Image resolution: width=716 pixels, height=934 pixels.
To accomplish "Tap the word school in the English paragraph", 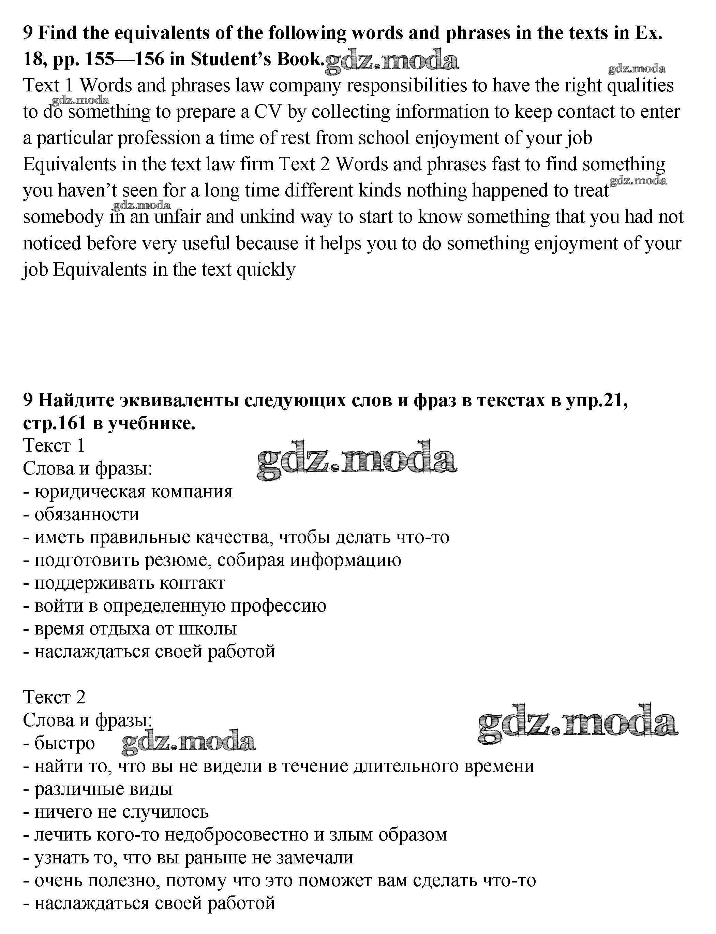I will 384,138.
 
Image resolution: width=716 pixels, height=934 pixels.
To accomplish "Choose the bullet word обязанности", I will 87,514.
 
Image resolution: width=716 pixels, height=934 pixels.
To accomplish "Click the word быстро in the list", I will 64,743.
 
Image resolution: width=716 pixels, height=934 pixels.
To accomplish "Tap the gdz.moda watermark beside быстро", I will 188,743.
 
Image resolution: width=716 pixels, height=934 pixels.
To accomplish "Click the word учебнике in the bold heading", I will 151,423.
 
